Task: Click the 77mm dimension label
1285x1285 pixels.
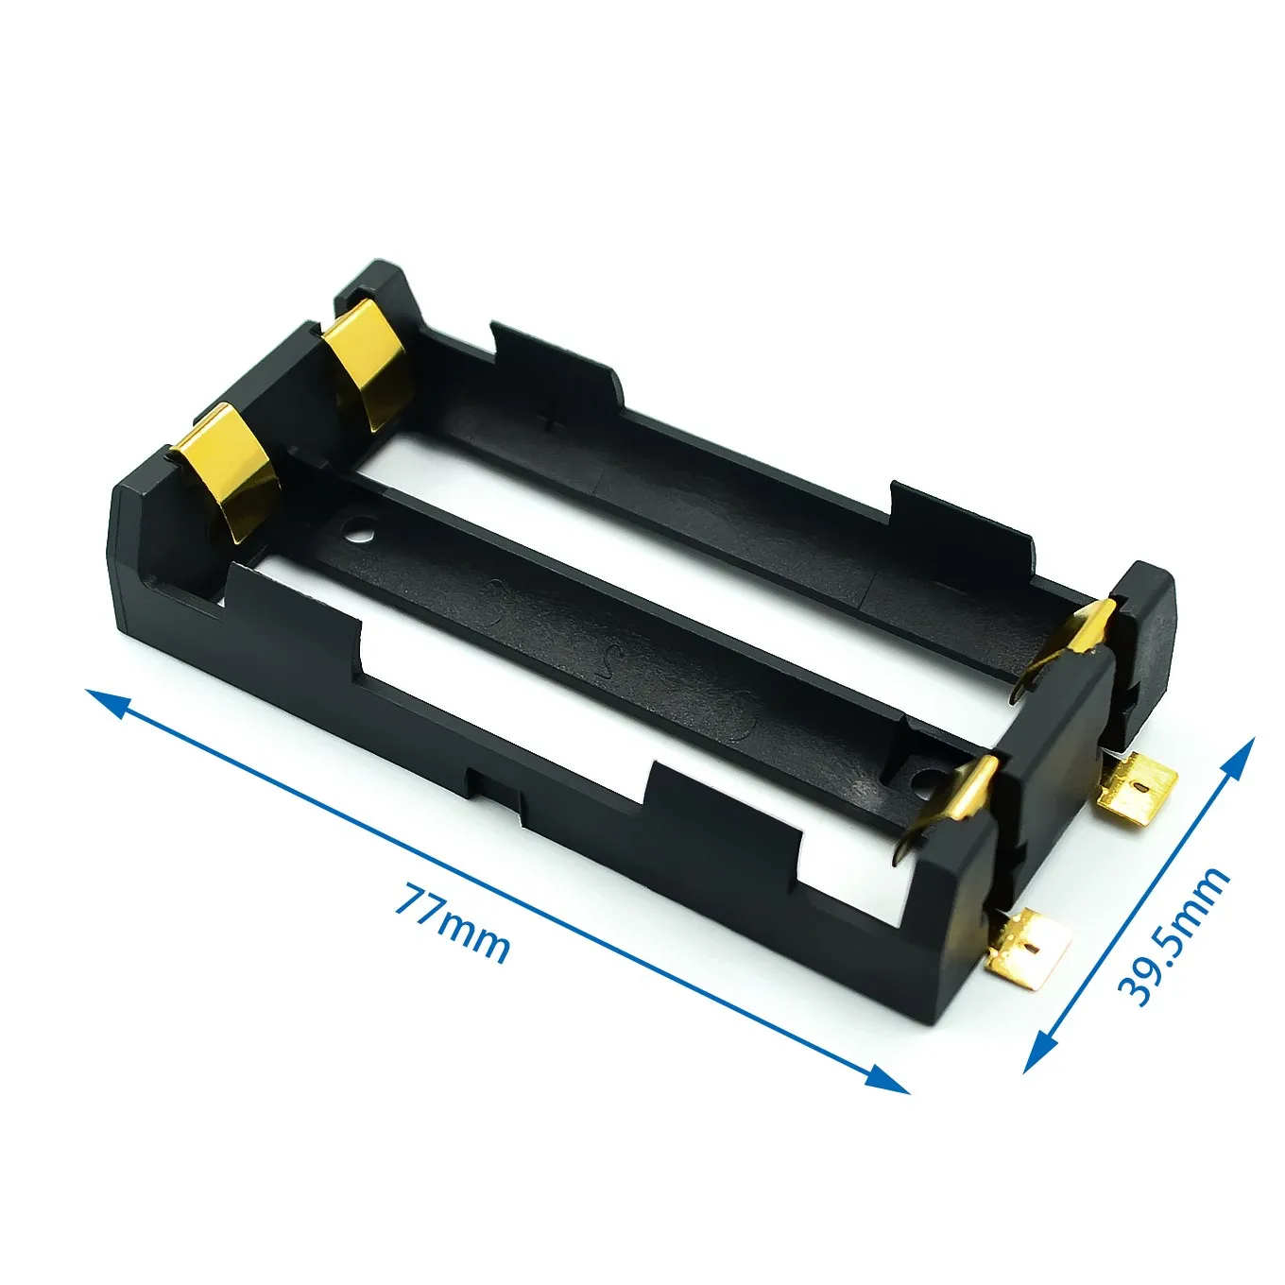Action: (452, 923)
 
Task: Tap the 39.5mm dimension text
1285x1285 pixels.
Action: (1174, 935)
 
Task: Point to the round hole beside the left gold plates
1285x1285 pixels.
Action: (358, 529)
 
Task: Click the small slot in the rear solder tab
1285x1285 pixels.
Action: (1145, 785)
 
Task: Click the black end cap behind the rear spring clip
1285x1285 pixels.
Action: (1145, 642)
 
